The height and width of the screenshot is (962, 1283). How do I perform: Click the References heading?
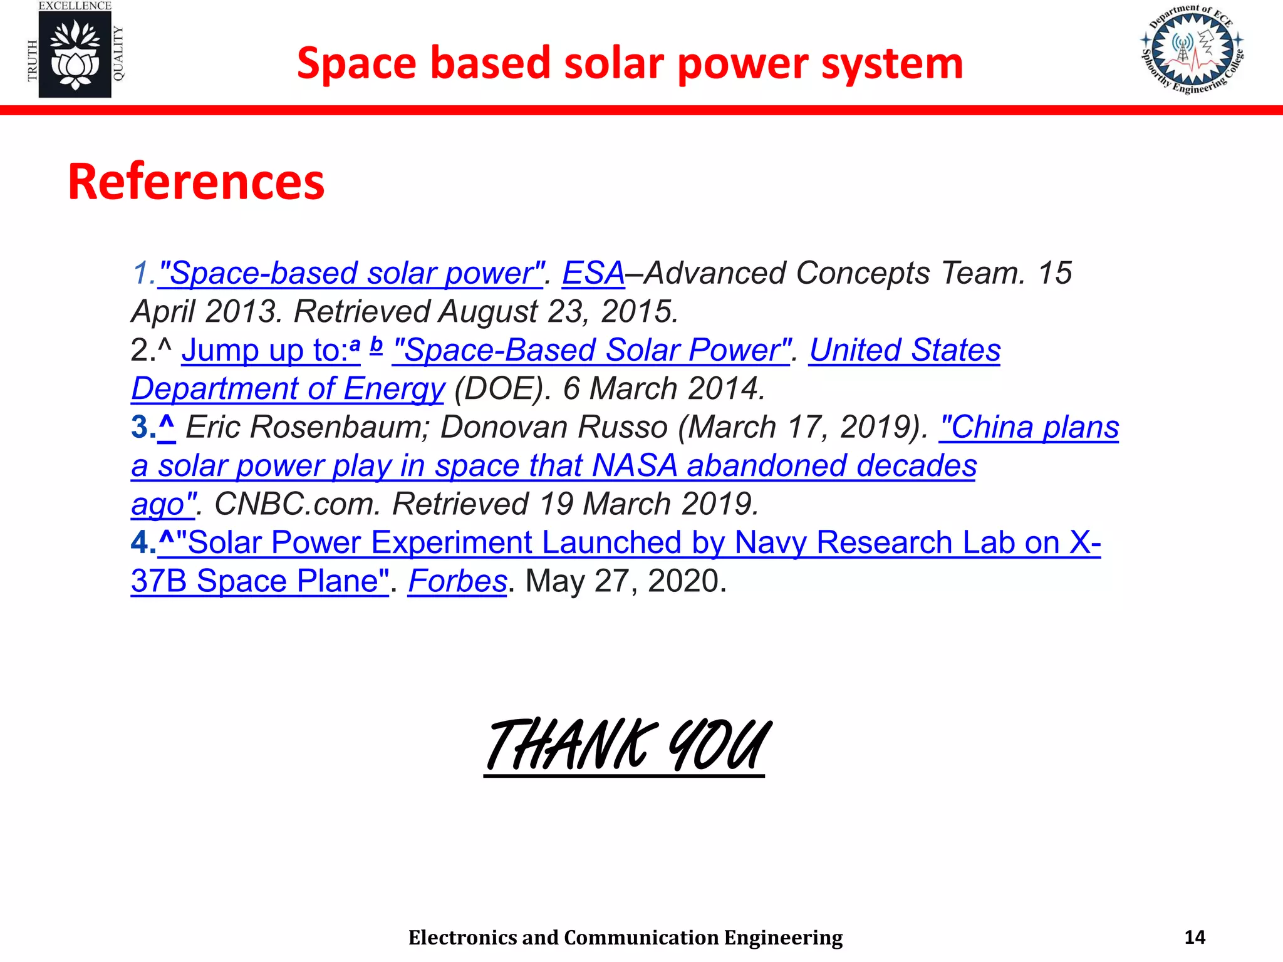(x=196, y=182)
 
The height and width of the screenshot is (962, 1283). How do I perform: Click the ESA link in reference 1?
(x=593, y=274)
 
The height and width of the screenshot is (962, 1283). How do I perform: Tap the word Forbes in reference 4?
(x=457, y=581)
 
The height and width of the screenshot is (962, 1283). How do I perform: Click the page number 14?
(x=1195, y=938)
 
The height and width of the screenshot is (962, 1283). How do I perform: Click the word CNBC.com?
(x=297, y=505)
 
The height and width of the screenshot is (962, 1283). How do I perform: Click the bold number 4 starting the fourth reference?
(x=139, y=542)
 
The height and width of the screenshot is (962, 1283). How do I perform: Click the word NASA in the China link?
(x=635, y=466)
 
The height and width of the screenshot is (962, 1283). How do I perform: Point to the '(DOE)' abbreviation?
(x=498, y=389)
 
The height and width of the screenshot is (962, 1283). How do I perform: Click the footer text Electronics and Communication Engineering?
(x=625, y=938)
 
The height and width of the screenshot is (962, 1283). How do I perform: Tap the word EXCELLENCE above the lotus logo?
(x=75, y=6)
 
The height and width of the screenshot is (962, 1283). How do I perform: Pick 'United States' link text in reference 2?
(x=905, y=351)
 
